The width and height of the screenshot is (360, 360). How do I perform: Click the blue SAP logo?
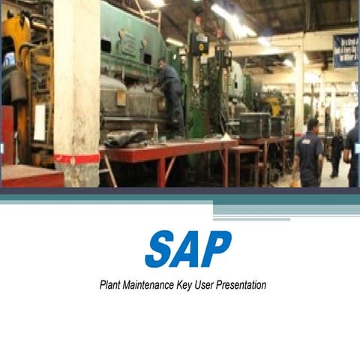187,249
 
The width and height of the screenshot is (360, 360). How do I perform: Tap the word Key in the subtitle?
187,285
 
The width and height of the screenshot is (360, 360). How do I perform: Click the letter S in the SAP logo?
159,249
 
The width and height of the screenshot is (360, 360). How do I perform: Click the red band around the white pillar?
76,158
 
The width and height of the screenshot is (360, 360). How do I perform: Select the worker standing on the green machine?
169,94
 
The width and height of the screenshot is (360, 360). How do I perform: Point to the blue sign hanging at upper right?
345,51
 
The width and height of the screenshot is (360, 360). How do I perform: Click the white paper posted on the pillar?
40,121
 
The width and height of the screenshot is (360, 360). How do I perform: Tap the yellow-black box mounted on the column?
198,43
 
